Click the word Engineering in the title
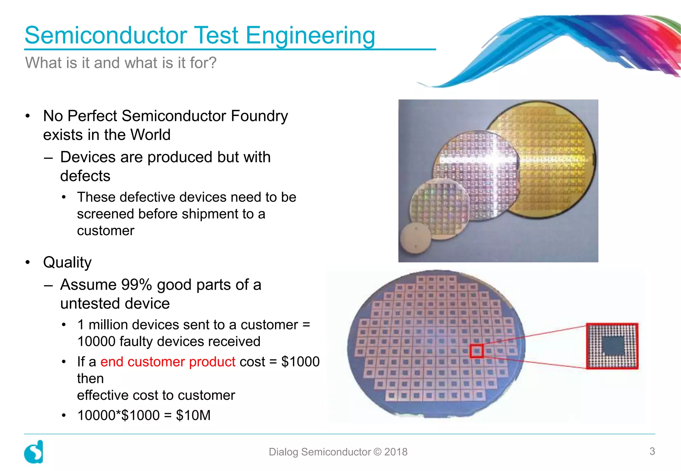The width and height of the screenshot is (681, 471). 310,36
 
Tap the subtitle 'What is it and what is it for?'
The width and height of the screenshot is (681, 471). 121,63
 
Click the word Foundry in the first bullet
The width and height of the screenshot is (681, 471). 259,116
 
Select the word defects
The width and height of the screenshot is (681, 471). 85,176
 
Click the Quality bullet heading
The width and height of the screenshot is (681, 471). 67,262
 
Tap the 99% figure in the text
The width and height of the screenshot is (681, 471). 136,285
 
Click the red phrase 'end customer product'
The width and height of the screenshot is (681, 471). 168,362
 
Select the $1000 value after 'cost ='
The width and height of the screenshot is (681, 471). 300,362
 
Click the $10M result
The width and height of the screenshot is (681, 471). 193,415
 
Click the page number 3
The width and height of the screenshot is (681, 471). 652,451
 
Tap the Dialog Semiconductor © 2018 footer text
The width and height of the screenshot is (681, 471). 338,452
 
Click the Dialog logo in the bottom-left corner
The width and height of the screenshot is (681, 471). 34,452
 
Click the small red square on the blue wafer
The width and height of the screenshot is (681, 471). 476,351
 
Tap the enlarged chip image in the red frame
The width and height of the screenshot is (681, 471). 612,346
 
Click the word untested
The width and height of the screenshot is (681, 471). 90,304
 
